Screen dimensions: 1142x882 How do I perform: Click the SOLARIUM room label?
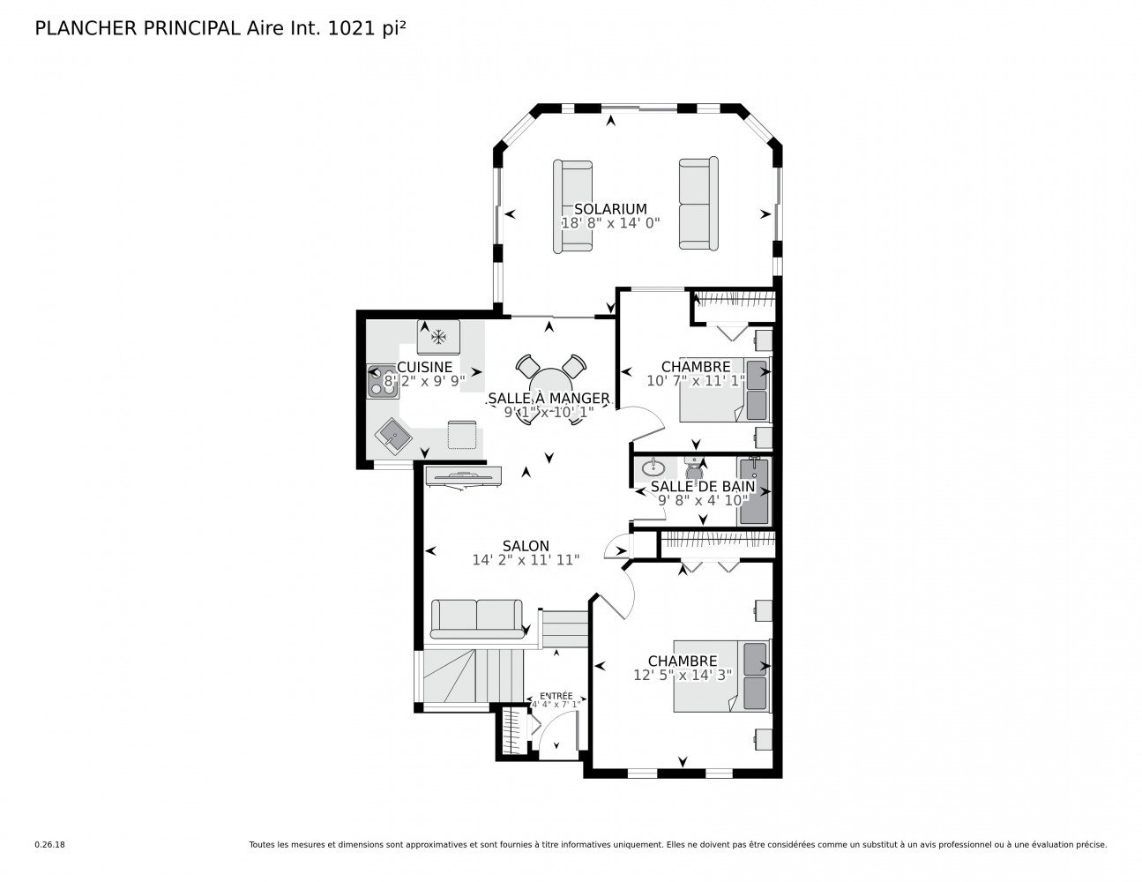pyautogui.click(x=609, y=209)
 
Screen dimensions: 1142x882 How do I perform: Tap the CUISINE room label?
pyautogui.click(x=424, y=367)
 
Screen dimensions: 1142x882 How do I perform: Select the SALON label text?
pyautogui.click(x=525, y=546)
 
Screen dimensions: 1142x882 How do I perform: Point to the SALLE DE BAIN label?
pyautogui.click(x=703, y=486)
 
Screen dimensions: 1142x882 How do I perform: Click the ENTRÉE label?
pyautogui.click(x=556, y=696)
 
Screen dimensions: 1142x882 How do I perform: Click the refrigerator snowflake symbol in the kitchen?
pyautogui.click(x=438, y=337)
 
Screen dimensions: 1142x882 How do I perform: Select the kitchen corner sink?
pyautogui.click(x=393, y=436)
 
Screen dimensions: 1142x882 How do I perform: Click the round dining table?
pyautogui.click(x=549, y=388)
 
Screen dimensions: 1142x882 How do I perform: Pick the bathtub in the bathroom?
pyautogui.click(x=754, y=491)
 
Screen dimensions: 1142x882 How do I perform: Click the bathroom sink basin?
pyautogui.click(x=653, y=467)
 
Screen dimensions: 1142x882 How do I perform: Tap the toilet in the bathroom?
pyautogui.click(x=693, y=467)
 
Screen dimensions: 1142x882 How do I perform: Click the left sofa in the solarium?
pyautogui.click(x=572, y=206)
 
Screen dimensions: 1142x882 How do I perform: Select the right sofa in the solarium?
pyautogui.click(x=698, y=203)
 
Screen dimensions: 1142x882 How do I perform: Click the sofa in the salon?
pyautogui.click(x=477, y=619)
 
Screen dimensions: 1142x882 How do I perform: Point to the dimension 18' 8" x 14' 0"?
pyautogui.click(x=609, y=223)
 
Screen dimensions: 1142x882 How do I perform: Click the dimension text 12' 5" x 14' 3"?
pyautogui.click(x=683, y=675)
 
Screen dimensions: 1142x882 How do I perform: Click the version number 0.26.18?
pyautogui.click(x=50, y=845)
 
